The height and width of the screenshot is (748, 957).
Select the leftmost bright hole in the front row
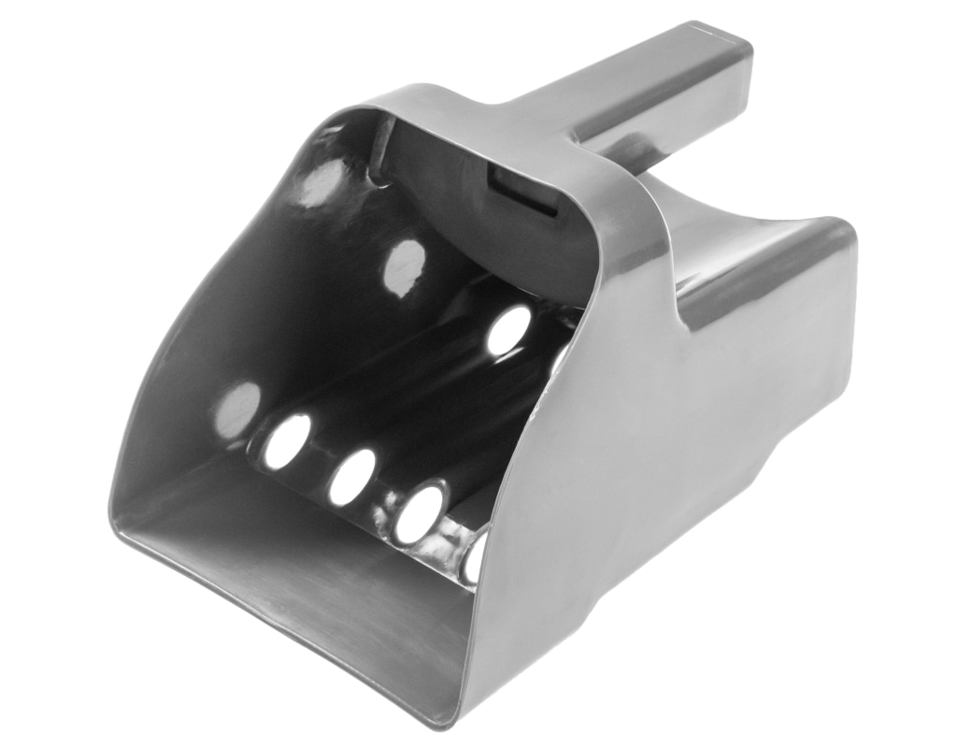[x=287, y=440]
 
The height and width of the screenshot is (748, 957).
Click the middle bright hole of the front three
[x=351, y=477]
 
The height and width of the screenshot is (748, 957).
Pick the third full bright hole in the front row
[x=419, y=513]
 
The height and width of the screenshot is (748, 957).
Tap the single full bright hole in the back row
[x=508, y=329]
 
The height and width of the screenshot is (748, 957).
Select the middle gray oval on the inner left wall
[x=404, y=267]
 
